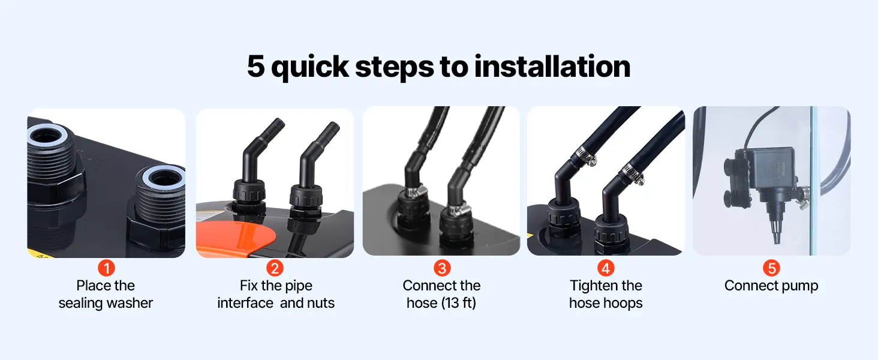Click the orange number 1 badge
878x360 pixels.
coord(106,268)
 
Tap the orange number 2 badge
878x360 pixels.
coord(275,268)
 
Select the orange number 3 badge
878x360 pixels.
coord(442,268)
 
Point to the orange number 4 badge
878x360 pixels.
coord(606,268)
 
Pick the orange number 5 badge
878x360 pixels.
coord(771,268)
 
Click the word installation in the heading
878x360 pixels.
coord(552,66)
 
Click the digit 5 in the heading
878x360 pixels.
coord(256,66)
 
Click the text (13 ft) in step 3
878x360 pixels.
coord(459,303)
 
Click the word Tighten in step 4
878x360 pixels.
coord(592,286)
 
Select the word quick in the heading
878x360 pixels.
coord(309,67)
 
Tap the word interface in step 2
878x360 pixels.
coord(245,303)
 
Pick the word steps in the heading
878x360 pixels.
coord(394,67)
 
